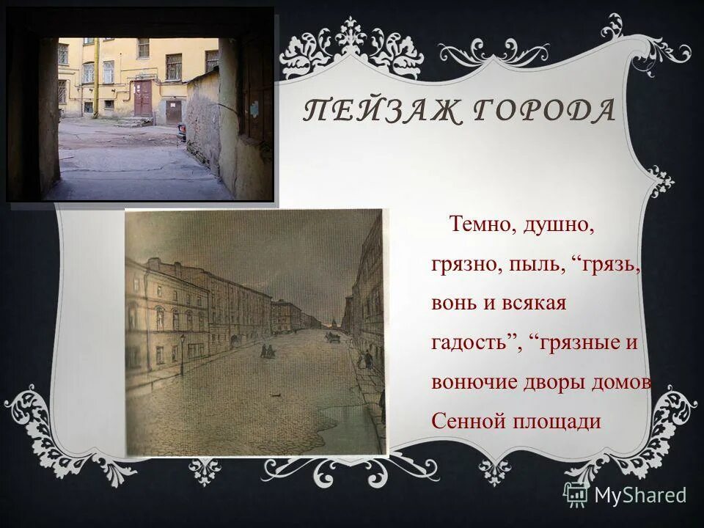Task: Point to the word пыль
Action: coord(531,264)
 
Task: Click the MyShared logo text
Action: coord(639,495)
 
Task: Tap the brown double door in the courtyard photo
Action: coord(143,99)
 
